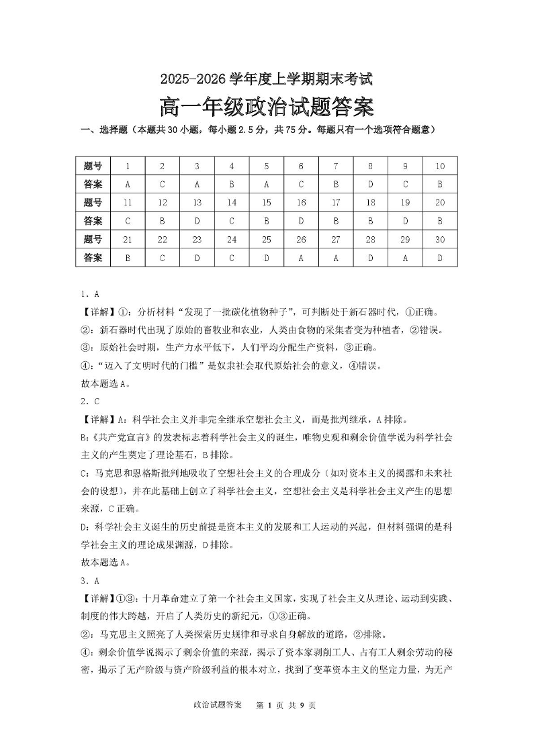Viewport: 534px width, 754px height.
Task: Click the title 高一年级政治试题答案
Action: [266, 107]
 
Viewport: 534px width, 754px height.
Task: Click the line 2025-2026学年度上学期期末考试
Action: [266, 79]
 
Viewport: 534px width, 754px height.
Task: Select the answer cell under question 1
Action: [128, 184]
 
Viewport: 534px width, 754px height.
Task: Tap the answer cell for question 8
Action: [371, 184]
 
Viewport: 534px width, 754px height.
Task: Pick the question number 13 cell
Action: [197, 202]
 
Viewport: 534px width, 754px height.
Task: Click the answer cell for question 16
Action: [302, 220]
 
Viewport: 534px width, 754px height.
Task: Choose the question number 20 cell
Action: [440, 202]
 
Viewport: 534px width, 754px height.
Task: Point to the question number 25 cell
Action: [267, 238]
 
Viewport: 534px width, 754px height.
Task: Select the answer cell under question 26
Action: [302, 256]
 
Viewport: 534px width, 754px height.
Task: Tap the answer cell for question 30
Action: [440, 256]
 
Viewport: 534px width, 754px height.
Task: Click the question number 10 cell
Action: [440, 166]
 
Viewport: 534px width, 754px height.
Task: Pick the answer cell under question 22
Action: [162, 256]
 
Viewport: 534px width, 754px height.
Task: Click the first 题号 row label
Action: [93, 166]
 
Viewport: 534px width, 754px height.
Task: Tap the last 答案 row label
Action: [93, 256]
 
